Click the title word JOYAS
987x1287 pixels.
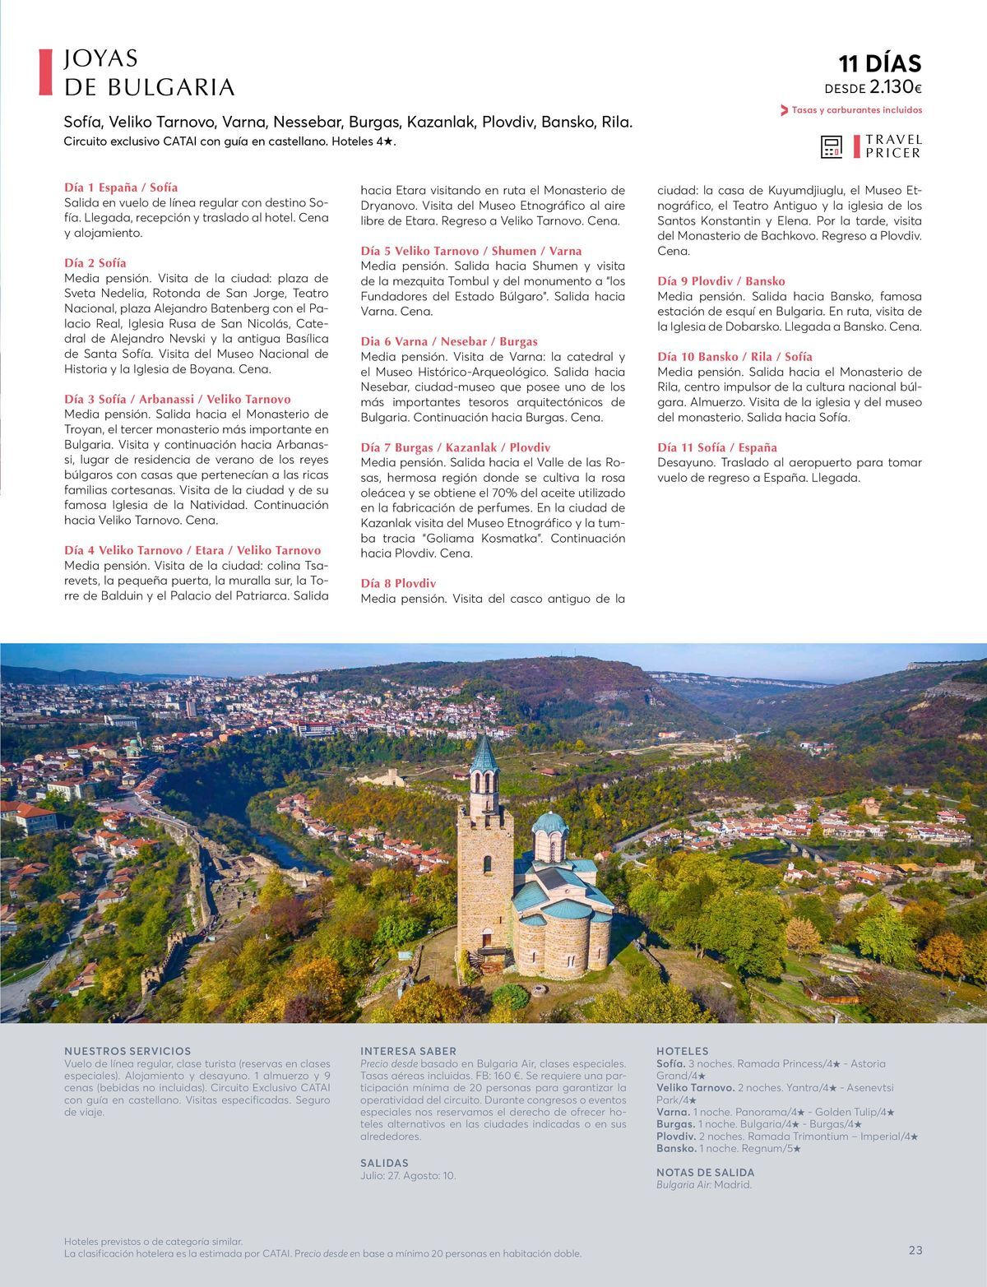click(x=100, y=59)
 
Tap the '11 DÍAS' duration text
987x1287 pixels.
click(x=879, y=64)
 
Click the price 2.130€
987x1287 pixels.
click(x=895, y=88)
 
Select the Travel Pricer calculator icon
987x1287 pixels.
click(x=832, y=147)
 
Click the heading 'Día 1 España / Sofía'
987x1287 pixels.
click(x=121, y=187)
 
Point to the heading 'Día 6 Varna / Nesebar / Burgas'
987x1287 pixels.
click(x=449, y=341)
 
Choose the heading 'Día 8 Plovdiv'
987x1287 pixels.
click(x=398, y=583)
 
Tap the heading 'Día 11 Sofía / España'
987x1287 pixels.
click(x=716, y=447)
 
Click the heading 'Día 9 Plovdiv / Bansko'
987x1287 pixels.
click(x=721, y=281)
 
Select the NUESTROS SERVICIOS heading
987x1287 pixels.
click(x=127, y=1051)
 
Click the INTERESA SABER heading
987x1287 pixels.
click(x=408, y=1051)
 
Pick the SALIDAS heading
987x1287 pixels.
click(x=384, y=1163)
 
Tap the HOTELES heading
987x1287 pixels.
click(x=682, y=1051)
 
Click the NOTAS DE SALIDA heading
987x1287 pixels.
click(x=705, y=1172)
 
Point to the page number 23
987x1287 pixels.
click(x=915, y=1250)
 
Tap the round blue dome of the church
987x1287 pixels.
click(x=549, y=823)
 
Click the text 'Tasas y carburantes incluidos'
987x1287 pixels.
click(x=856, y=110)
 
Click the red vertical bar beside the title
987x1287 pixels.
click(x=46, y=72)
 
